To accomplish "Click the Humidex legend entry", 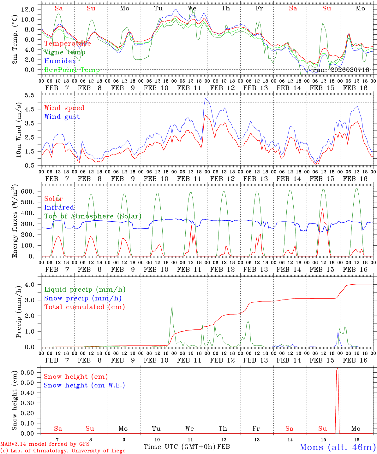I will click(60, 61).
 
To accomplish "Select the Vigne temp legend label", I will click(65, 52).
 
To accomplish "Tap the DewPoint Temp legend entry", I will click(72, 70).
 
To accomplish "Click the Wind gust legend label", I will click(62, 117).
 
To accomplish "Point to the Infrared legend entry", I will click(59, 207).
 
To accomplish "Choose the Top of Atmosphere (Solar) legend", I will click(93, 216).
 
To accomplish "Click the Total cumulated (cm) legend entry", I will click(84, 307).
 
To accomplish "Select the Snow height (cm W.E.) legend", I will click(84, 385).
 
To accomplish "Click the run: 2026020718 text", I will click(341, 70).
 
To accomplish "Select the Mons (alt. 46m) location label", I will click(338, 447).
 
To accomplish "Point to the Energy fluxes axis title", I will click(15, 222).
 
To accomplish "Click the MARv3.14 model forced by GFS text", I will click(45, 444).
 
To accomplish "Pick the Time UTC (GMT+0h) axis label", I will click(180, 447).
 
